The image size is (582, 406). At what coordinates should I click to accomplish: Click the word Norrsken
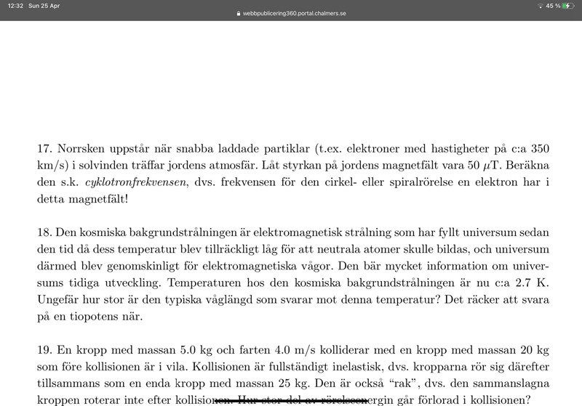(81, 148)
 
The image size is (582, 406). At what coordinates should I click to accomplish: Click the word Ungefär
(59, 299)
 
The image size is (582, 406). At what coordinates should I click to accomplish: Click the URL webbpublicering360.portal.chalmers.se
(295, 13)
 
